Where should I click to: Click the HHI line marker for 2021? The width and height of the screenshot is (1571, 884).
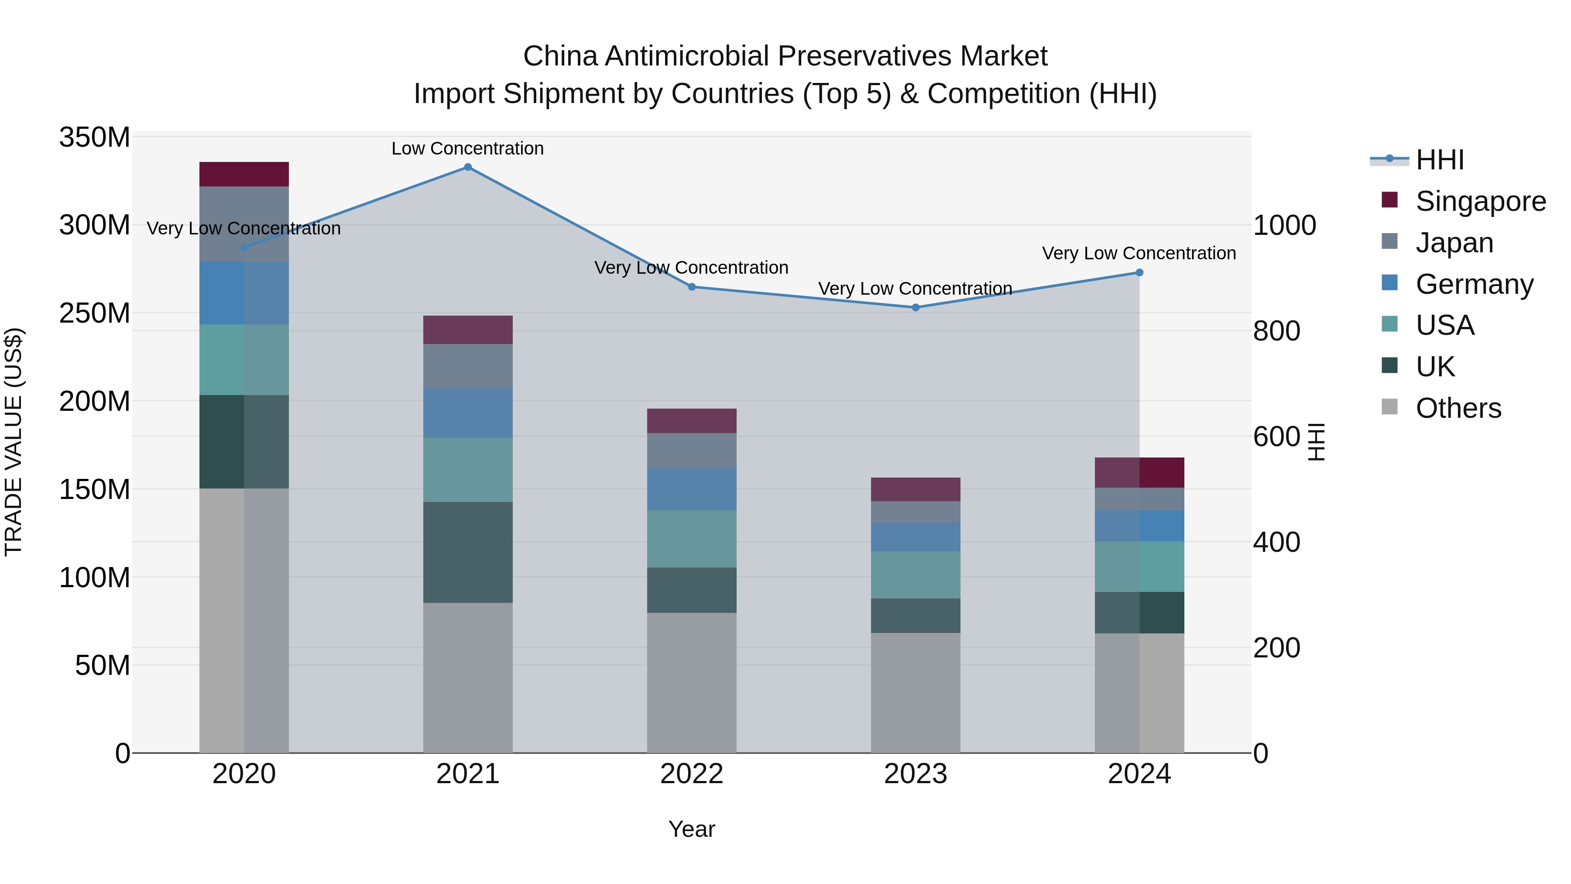point(468,167)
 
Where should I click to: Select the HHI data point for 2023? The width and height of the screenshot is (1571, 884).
point(916,307)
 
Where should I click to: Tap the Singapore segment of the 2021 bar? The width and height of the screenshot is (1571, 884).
point(468,330)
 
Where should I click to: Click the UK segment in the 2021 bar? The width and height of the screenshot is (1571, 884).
point(468,552)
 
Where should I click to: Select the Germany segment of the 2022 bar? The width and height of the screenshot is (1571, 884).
point(692,488)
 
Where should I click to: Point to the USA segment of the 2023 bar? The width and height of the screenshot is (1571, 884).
point(916,574)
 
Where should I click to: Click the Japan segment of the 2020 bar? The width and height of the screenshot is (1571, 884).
point(244,224)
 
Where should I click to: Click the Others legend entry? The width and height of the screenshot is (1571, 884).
point(1458,408)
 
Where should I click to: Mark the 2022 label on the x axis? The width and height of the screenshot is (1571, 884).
point(692,774)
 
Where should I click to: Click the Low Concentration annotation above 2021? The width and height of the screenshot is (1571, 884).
point(468,148)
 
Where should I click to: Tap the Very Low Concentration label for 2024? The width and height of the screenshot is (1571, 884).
point(1139,253)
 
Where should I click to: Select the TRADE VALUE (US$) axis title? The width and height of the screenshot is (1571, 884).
point(14,442)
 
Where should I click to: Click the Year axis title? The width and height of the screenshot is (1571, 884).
point(692,829)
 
